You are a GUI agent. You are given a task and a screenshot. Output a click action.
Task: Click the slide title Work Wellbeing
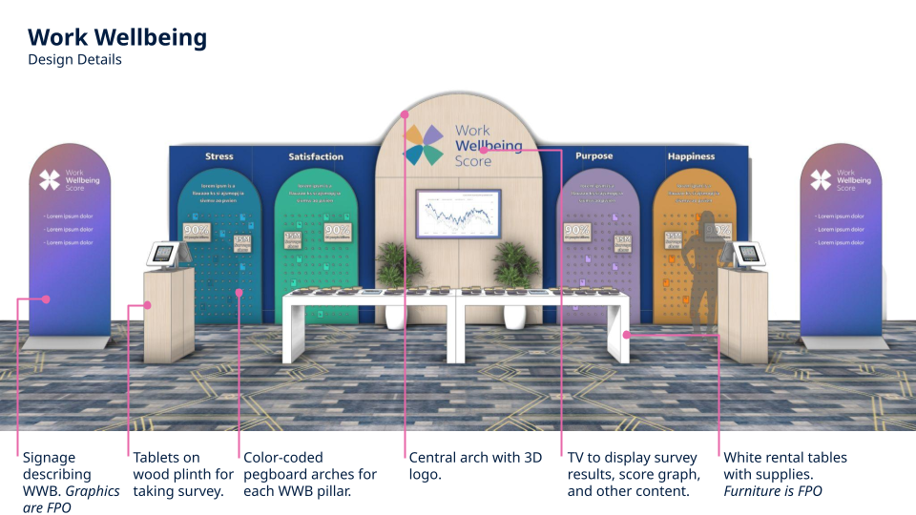click(117, 37)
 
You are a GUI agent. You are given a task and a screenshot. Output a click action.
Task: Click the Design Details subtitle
click(74, 59)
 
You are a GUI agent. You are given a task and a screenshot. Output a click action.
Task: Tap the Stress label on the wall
click(219, 156)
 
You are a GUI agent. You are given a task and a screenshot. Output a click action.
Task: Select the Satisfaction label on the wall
click(316, 156)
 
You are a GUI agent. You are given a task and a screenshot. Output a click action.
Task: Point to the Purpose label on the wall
click(594, 155)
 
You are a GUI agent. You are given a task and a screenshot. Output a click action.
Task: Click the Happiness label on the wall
click(692, 156)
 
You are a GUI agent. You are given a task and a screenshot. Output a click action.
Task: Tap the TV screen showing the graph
click(458, 214)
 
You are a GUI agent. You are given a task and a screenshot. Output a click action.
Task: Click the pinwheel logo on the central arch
click(424, 145)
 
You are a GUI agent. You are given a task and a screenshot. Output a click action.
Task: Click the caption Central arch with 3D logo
click(475, 465)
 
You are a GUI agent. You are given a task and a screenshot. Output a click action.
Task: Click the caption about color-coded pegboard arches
click(310, 474)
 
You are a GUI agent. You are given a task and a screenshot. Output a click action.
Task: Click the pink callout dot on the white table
click(626, 334)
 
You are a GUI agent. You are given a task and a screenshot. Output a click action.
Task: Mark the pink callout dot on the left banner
click(45, 299)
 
